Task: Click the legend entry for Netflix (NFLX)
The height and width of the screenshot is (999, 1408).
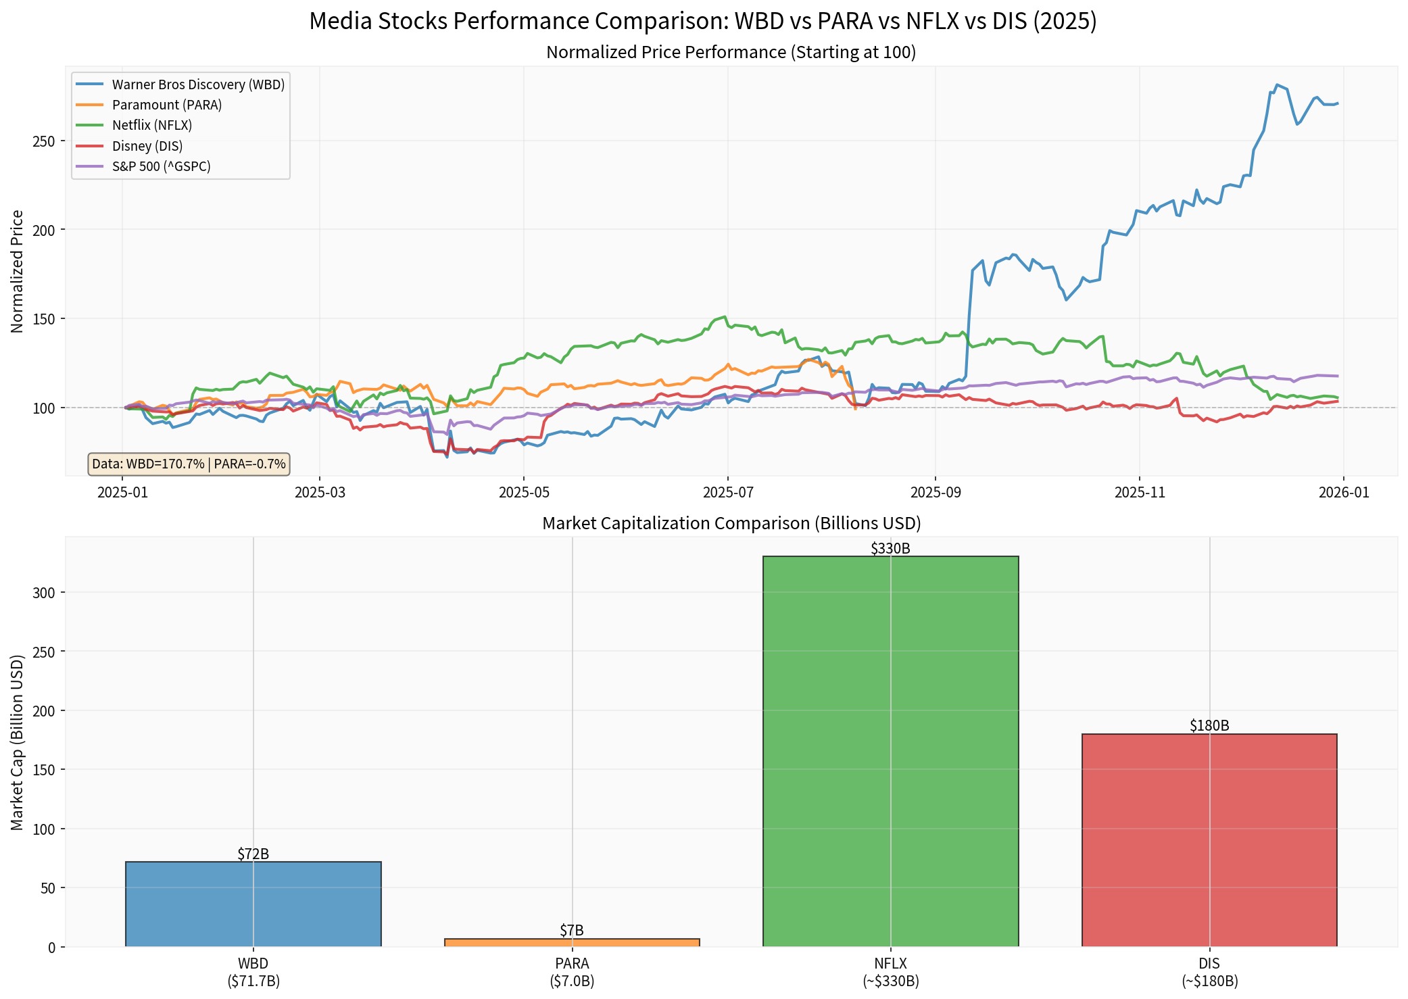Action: pos(152,126)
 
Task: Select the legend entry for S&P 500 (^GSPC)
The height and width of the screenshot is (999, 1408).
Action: pos(161,166)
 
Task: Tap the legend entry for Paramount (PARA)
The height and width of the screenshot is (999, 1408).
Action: pos(166,105)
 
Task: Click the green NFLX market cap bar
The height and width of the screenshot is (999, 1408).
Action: pos(890,750)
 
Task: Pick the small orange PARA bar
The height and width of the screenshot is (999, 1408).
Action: pos(572,942)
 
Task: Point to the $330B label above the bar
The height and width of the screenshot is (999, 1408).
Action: pos(890,549)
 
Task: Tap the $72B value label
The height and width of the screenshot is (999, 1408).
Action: pos(253,854)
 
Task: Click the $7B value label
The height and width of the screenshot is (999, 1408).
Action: pos(572,931)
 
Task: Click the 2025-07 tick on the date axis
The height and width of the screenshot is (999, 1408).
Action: pos(727,493)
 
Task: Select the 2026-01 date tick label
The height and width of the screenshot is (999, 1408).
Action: pos(1344,493)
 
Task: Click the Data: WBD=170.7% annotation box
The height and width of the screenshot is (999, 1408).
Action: pos(189,464)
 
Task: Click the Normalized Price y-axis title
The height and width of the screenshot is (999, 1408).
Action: pos(18,271)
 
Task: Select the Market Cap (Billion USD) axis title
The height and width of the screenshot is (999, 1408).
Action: pos(18,741)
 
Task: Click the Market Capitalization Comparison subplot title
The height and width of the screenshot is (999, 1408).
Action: pos(731,523)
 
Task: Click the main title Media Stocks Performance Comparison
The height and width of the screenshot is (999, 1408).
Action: pos(703,22)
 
